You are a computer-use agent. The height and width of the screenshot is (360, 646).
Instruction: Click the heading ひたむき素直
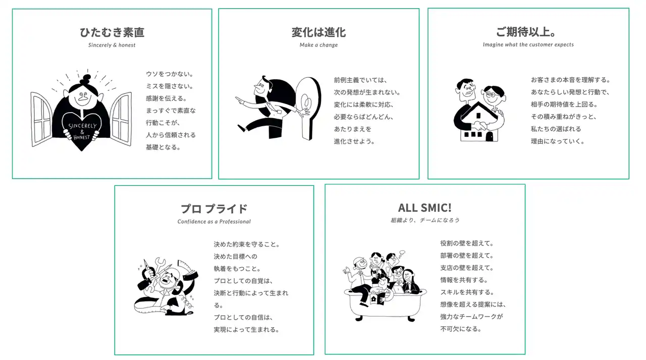coord(112,32)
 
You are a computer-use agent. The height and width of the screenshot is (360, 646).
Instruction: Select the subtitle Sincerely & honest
coord(112,45)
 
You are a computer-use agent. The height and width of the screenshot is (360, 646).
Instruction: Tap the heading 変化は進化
coord(318,32)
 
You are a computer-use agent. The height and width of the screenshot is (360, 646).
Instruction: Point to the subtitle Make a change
coord(318,45)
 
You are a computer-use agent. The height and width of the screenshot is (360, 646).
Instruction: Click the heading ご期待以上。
coord(526,32)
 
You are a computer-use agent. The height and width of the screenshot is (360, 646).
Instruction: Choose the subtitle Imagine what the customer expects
coord(528,45)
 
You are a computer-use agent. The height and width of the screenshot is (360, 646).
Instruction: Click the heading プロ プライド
coord(214,209)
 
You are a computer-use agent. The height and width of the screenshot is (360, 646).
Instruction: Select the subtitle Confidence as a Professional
coord(214,222)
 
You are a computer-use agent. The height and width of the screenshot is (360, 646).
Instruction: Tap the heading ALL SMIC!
coord(425,208)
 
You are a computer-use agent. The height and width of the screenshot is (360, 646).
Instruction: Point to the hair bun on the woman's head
coord(86,78)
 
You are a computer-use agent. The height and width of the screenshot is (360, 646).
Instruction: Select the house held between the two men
coord(479,122)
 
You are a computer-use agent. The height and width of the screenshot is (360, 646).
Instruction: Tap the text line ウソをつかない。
coord(170,74)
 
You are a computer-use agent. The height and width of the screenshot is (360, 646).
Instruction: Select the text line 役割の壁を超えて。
coord(467,243)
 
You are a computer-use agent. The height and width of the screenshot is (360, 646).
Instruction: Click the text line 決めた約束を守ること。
coord(247,244)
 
